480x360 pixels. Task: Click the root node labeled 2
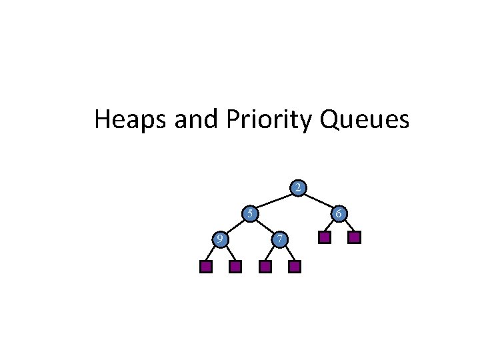[298, 188]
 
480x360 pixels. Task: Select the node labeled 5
[249, 214]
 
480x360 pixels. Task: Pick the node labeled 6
[339, 214]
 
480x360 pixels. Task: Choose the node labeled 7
[280, 238]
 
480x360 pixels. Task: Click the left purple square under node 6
[324, 237]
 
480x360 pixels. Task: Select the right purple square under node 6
[354, 237]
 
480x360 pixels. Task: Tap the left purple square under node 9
[206, 267]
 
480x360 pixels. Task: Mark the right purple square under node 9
[235, 267]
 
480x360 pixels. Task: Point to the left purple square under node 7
[265, 267]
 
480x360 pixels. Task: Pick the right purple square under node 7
[295, 267]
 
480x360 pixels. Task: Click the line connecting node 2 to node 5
[273, 201]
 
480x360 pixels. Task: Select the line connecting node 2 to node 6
[319, 201]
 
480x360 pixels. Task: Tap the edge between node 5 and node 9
[234, 226]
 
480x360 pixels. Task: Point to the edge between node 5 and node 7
[264, 226]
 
